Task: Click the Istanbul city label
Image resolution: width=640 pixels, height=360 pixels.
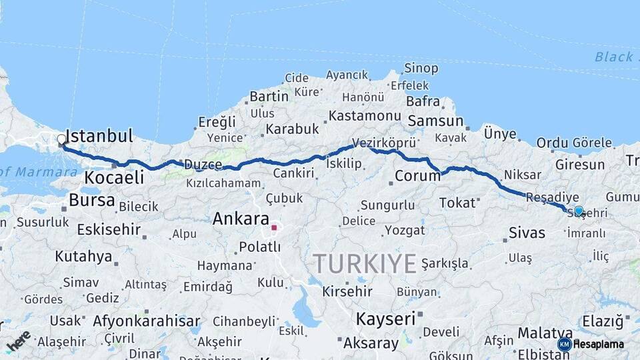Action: tap(101, 137)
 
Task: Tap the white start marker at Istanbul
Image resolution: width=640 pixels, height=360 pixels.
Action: tap(61, 140)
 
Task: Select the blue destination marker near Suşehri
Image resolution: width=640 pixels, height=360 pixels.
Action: tap(579, 211)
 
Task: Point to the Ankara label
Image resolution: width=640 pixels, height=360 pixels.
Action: tap(241, 219)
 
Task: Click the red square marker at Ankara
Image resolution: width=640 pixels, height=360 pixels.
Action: tap(273, 228)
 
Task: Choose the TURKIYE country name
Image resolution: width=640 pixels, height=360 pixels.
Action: tap(365, 263)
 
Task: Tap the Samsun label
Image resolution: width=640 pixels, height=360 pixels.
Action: tap(435, 121)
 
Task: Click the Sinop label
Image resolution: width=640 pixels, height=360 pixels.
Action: tap(421, 68)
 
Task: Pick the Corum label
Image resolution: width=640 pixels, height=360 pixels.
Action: tap(417, 176)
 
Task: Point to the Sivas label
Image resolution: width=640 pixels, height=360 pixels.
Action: tap(527, 233)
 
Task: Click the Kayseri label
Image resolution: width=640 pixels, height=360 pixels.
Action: tap(385, 318)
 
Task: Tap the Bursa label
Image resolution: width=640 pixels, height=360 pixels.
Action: tap(92, 200)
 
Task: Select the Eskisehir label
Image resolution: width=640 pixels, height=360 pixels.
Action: tap(109, 230)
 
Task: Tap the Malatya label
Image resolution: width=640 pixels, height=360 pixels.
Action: tap(541, 332)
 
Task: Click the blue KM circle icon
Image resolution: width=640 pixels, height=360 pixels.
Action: tap(564, 344)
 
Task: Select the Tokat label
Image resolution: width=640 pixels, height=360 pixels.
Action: tap(457, 203)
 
